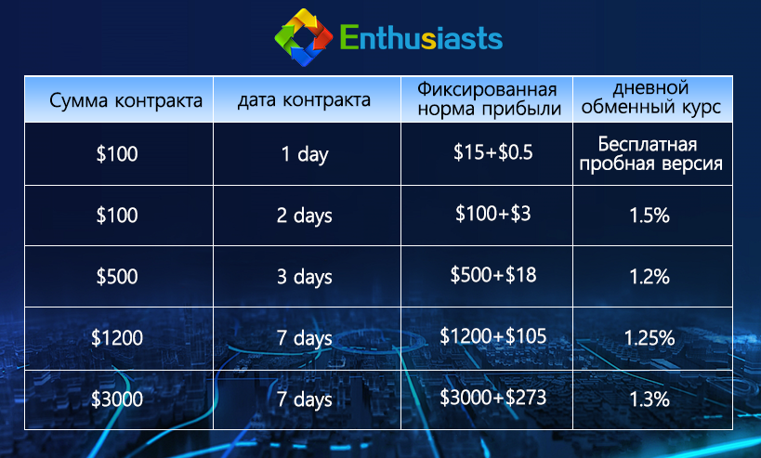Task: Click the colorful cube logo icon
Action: pyautogui.click(x=303, y=39)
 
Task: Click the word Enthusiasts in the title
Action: pyautogui.click(x=421, y=39)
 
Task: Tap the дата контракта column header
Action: pyautogui.click(x=305, y=100)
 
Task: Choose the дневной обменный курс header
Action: pyautogui.click(x=650, y=98)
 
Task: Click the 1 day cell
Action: pyautogui.click(x=305, y=154)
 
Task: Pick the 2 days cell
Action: pyautogui.click(x=305, y=216)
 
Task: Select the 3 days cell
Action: pyautogui.click(x=305, y=277)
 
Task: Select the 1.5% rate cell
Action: pyautogui.click(x=649, y=216)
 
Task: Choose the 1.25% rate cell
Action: pyautogui.click(x=649, y=337)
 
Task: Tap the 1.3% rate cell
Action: pyautogui.click(x=649, y=399)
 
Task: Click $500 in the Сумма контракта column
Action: pyautogui.click(x=117, y=277)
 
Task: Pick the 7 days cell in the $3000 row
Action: pyautogui.click(x=305, y=399)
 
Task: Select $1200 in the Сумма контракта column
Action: pyautogui.click(x=117, y=338)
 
